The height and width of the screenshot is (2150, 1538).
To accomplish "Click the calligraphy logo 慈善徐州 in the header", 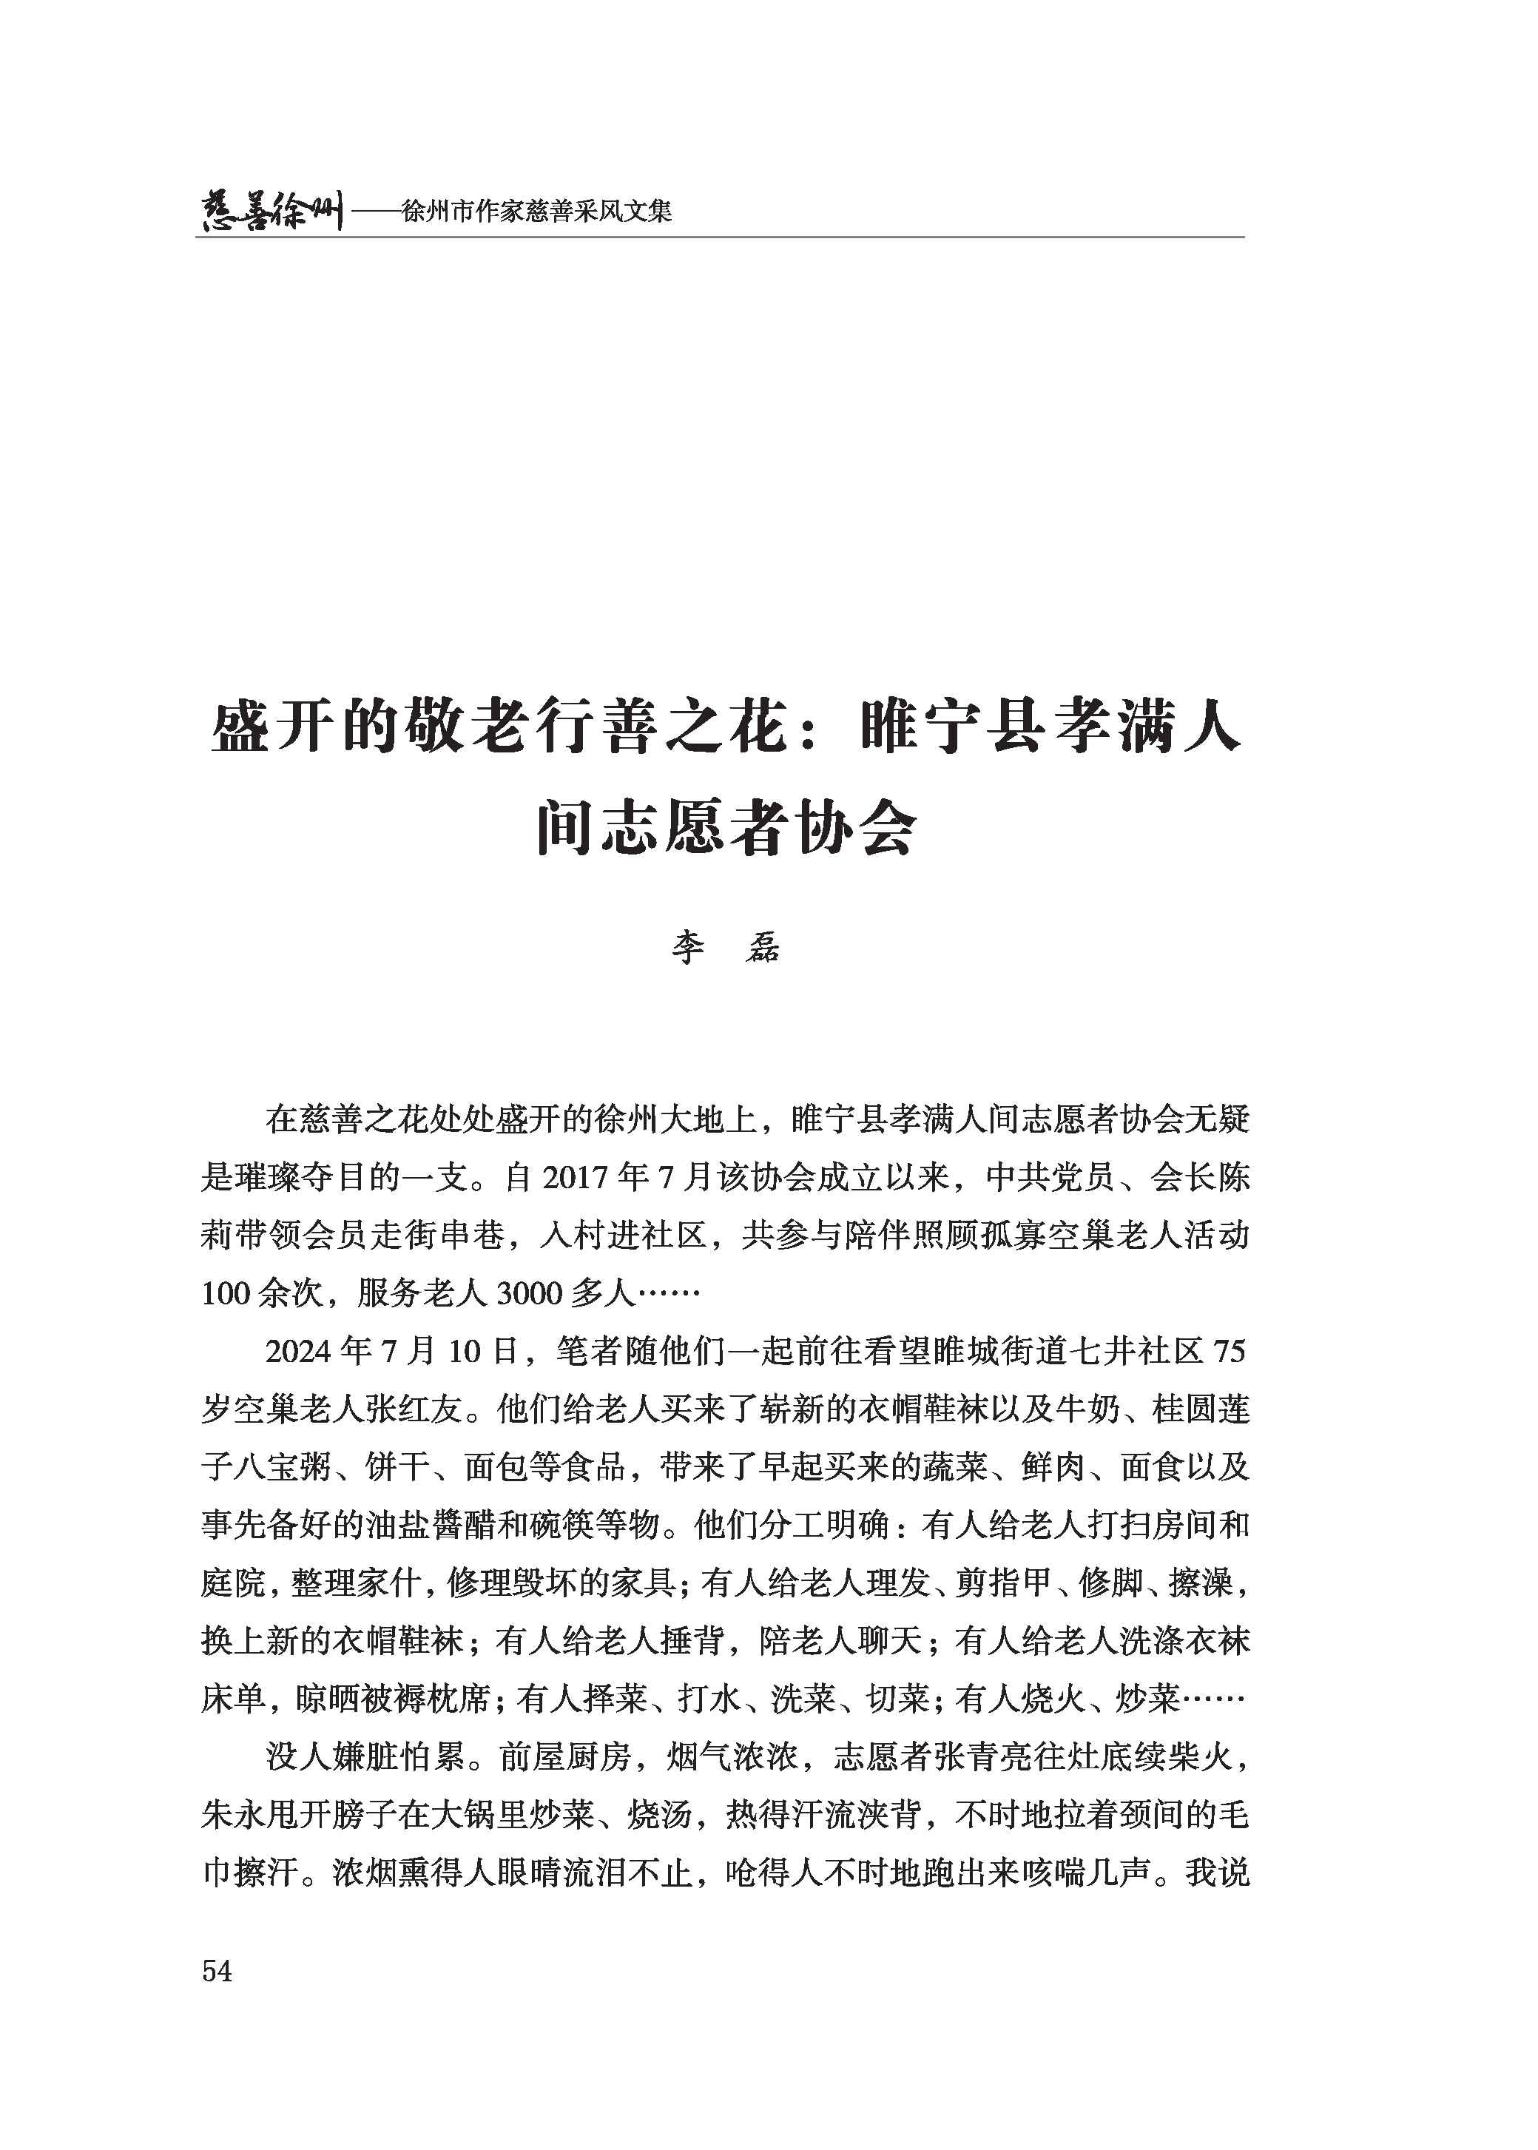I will (x=271, y=209).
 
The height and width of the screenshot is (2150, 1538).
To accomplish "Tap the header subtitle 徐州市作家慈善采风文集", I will (x=536, y=211).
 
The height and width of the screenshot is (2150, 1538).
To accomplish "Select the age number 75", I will (x=1228, y=1352).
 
